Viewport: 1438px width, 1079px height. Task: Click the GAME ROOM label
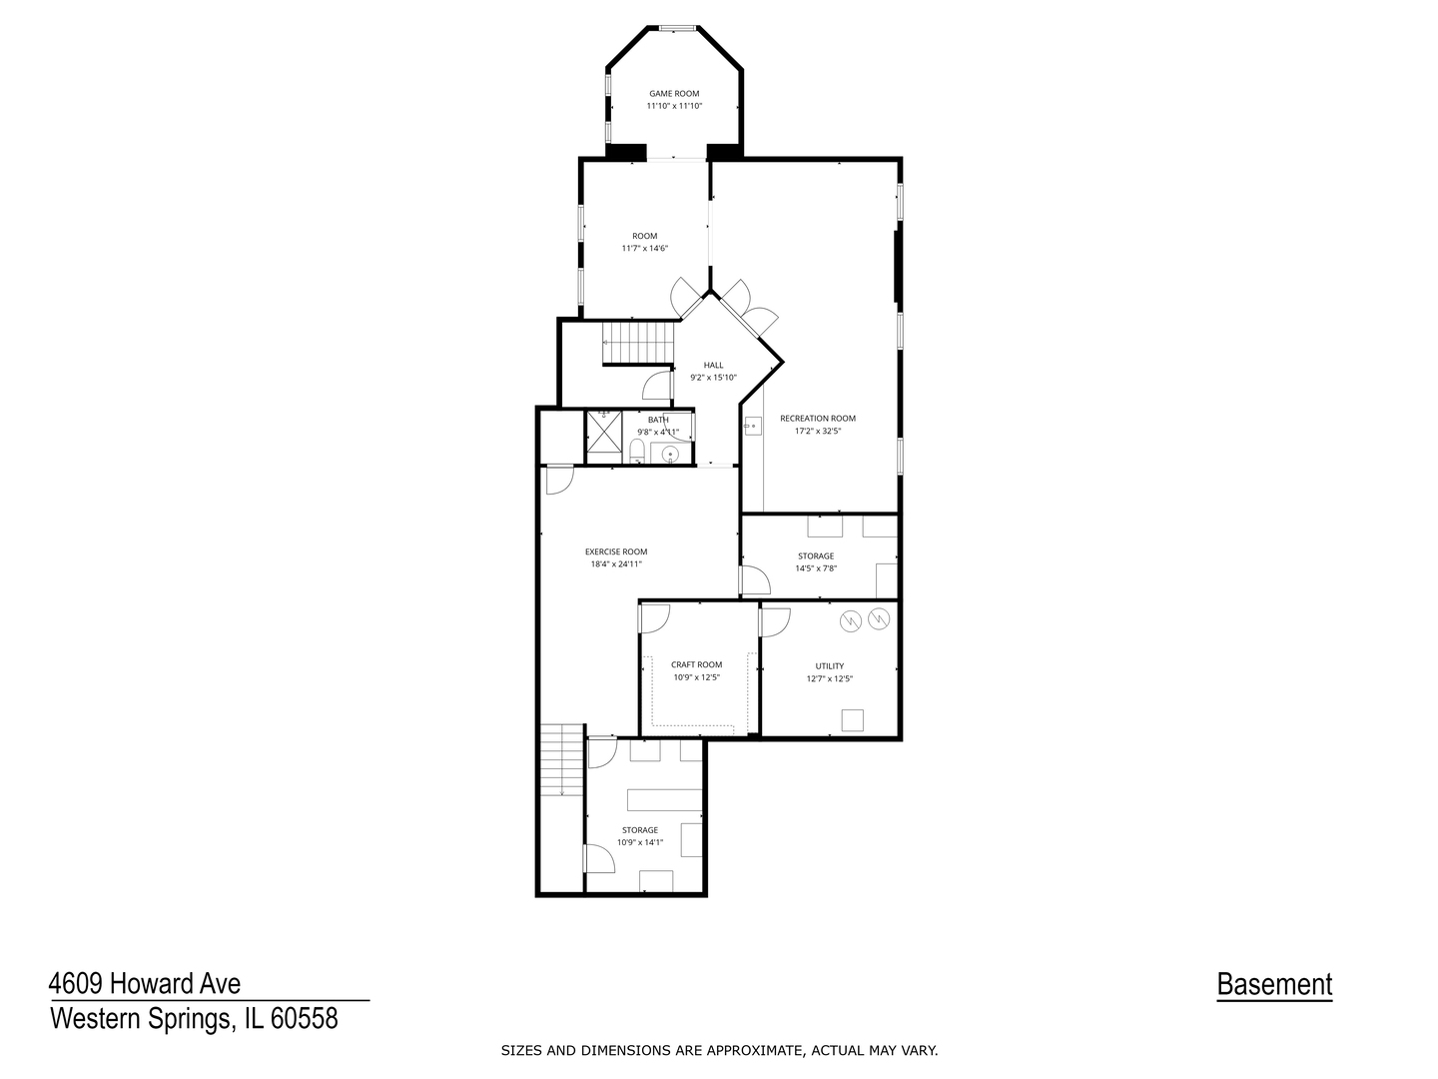[x=674, y=94]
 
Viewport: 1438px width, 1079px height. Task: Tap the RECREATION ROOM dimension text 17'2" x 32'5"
[x=818, y=431]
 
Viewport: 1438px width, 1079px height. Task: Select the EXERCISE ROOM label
[x=616, y=551]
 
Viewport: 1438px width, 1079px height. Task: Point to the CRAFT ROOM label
[x=696, y=664]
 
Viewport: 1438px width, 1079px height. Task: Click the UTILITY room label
[x=830, y=666]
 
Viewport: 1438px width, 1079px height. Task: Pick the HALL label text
[x=713, y=365]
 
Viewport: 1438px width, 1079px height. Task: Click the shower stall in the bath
[x=603, y=431]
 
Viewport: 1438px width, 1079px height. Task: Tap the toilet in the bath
[x=637, y=452]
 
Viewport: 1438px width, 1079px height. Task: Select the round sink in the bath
[x=670, y=454]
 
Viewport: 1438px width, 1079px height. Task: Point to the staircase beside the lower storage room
[x=561, y=760]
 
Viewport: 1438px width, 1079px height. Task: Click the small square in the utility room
[x=853, y=720]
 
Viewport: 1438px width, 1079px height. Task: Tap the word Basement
[x=1274, y=984]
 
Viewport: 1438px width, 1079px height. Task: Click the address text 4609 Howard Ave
[x=145, y=983]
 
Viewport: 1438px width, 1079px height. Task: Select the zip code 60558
[x=304, y=1019]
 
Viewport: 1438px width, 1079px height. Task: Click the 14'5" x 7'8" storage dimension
[x=816, y=568]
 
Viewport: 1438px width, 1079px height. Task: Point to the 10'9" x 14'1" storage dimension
[x=640, y=842]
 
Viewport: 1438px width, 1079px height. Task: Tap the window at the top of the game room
[x=677, y=28]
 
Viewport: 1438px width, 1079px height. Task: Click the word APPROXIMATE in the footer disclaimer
[x=763, y=1051]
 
